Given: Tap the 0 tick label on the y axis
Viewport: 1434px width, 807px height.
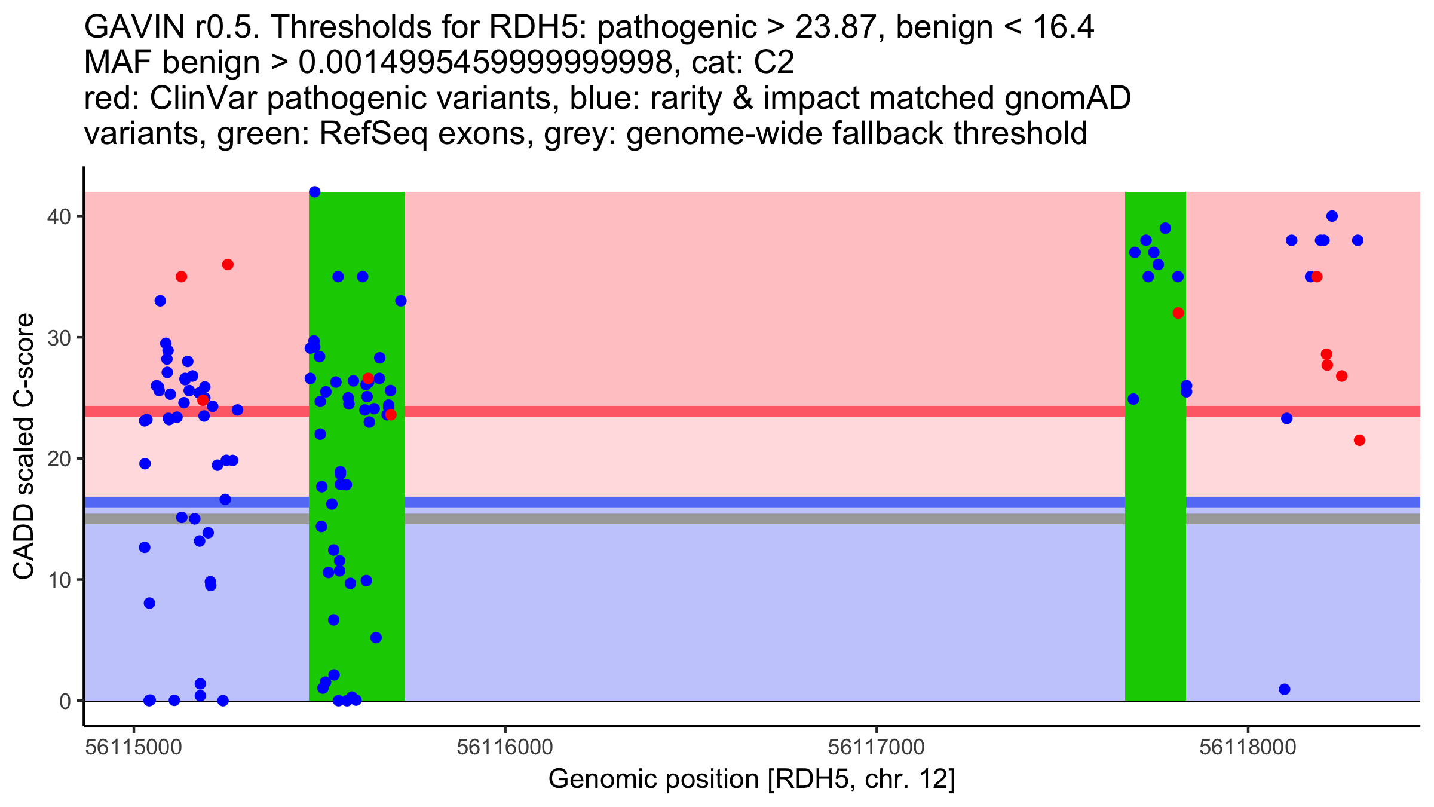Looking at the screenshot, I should (x=65, y=702).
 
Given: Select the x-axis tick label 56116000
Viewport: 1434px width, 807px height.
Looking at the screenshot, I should (x=505, y=747).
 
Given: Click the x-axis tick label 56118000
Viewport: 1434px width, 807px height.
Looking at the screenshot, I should (x=1248, y=747).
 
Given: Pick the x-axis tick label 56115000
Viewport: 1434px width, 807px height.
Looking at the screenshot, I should (x=134, y=747).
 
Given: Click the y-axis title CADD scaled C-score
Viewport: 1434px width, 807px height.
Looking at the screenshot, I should (x=24, y=447).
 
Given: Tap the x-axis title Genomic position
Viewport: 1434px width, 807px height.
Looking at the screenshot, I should (x=752, y=780).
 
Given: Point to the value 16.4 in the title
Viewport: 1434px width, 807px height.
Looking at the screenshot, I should (x=1064, y=27).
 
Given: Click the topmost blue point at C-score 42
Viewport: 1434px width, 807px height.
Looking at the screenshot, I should (x=315, y=192).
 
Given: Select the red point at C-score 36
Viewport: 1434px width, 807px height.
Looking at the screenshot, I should (x=228, y=265).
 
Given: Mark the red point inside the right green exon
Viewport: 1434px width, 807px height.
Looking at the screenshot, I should (x=1178, y=313).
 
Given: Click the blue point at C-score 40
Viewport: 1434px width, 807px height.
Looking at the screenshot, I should (x=1332, y=216).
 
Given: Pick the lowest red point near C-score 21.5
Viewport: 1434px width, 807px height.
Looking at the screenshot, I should (x=1359, y=441).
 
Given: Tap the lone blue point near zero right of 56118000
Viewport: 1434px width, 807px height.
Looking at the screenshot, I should (x=1285, y=689).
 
